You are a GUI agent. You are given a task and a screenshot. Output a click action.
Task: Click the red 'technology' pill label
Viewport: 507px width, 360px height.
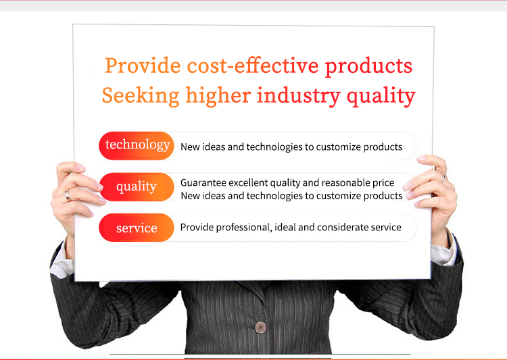pyautogui.click(x=137, y=145)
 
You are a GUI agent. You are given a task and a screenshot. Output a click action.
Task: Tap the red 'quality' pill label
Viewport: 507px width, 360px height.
pyautogui.click(x=136, y=187)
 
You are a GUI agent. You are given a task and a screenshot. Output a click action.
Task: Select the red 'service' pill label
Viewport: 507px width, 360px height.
pyautogui.click(x=137, y=228)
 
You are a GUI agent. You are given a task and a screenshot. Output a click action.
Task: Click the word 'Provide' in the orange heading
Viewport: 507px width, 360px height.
pyautogui.click(x=143, y=66)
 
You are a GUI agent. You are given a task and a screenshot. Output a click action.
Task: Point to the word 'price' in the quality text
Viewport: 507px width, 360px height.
pyautogui.click(x=382, y=183)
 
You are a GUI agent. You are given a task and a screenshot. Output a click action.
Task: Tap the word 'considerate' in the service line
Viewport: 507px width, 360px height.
pyautogui.click(x=346, y=228)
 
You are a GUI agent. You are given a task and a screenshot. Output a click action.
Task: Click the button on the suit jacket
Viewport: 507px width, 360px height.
pyautogui.click(x=260, y=327)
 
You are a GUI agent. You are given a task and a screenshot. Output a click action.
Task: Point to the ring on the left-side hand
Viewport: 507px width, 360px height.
pyautogui.click(x=68, y=195)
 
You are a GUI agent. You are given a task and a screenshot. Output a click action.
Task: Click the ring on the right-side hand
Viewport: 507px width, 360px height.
pyautogui.click(x=443, y=178)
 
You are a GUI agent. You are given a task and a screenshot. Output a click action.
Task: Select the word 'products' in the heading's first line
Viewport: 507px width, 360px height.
pyautogui.click(x=368, y=66)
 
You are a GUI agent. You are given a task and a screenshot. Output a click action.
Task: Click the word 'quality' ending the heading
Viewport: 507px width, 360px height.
pyautogui.click(x=381, y=96)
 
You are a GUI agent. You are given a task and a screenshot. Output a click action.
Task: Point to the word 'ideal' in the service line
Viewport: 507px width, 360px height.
pyautogui.click(x=285, y=228)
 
